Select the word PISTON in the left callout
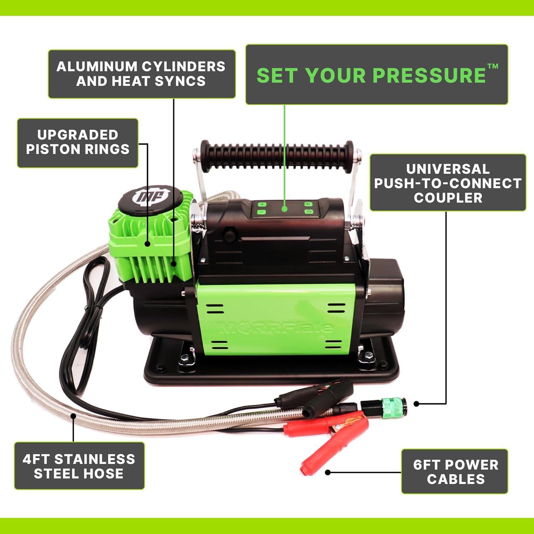pos(55,149)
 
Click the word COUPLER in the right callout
pos(448,198)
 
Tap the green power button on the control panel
pos(308,212)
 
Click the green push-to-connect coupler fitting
pos(393,405)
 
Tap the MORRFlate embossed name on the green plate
pos(276,327)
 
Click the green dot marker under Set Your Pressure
pos(284,209)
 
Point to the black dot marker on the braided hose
pos(73,415)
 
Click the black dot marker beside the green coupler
pos(417,404)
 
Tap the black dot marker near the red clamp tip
pos(328,472)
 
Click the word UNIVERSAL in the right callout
pos(448,169)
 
